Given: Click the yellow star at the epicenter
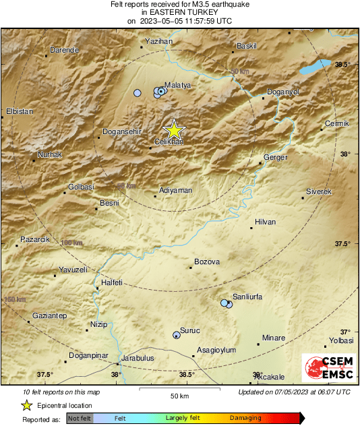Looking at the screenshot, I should tap(174, 129).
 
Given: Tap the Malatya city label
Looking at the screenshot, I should tap(179, 86).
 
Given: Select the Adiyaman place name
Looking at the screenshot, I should tap(175, 191).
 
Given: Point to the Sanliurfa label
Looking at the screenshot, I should tap(247, 297).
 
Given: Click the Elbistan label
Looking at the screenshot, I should tap(19, 111).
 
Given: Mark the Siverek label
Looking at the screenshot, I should tap(319, 192).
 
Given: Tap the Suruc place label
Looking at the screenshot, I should tap(191, 330).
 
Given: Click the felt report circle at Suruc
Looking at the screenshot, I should tap(177, 334).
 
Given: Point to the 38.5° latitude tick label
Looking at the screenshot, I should tap(344, 64).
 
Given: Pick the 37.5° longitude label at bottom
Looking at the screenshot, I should tap(45, 375).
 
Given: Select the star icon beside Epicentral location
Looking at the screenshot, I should tap(27, 405).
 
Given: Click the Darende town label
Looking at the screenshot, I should tap(65, 50).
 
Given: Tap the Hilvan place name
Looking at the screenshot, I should tap(266, 222).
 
